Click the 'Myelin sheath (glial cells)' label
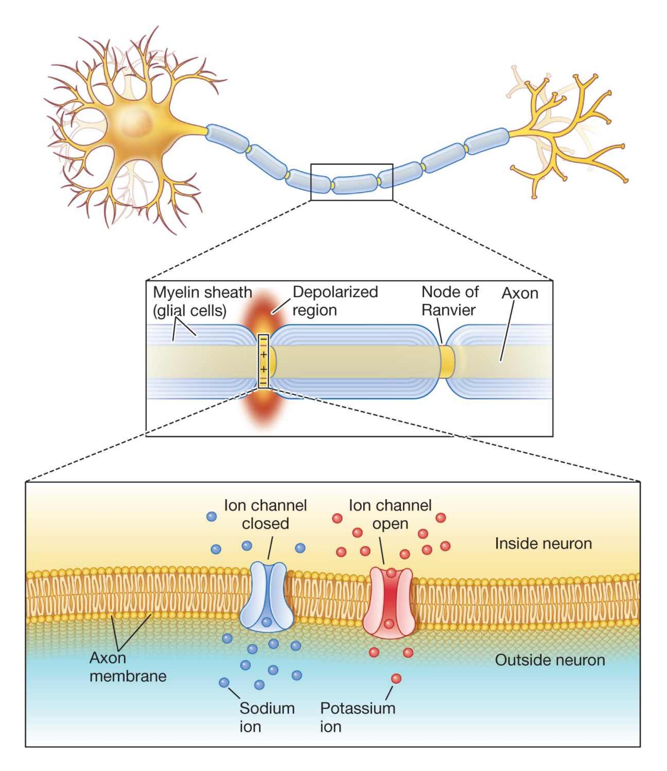click(202, 302)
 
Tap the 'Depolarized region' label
click(335, 301)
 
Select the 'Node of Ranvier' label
click(450, 301)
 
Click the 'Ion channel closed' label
click(266, 514)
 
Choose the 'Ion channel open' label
click(390, 514)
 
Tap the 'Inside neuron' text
click(543, 544)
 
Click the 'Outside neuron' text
click(550, 660)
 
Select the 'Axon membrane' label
click(128, 667)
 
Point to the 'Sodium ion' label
click(267, 717)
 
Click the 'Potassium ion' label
click(357, 717)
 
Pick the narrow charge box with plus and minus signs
click(263, 361)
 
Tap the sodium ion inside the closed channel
click(267, 622)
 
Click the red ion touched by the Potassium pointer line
click(396, 679)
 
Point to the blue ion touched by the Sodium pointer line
click(224, 682)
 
